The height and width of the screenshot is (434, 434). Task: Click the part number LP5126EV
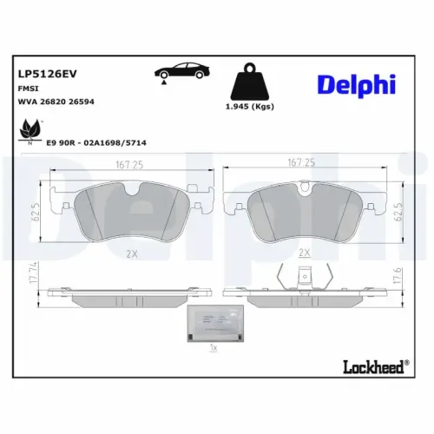[x=43, y=76]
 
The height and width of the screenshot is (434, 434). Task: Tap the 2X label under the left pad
[x=132, y=253]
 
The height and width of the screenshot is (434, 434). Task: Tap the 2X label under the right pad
[x=304, y=253]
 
